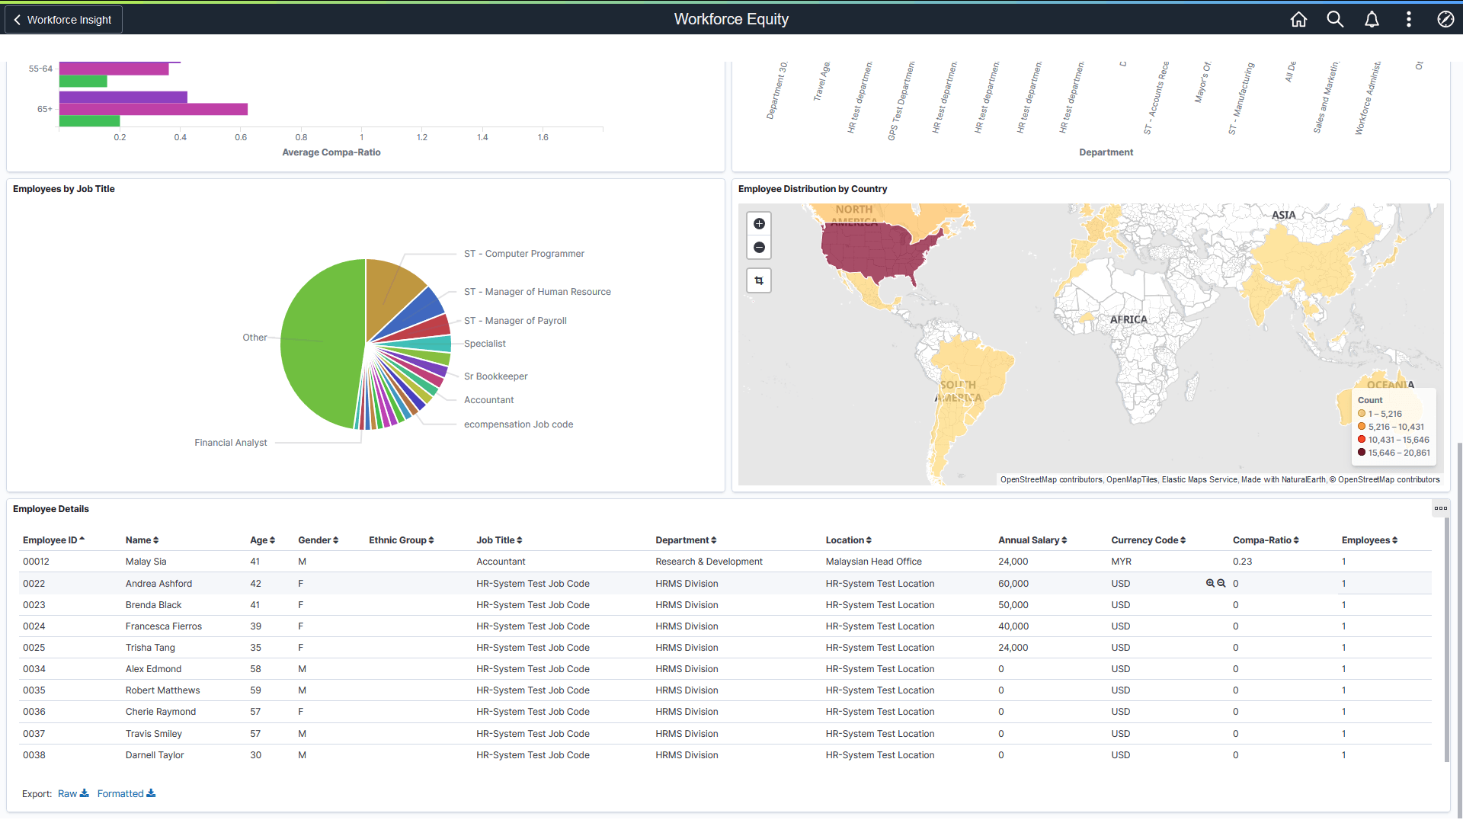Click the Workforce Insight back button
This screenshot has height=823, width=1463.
click(64, 20)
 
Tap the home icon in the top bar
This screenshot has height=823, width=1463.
click(1298, 20)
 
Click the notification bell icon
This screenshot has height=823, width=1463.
click(1372, 20)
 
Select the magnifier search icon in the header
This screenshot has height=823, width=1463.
click(1335, 20)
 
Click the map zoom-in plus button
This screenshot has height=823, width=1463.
click(759, 224)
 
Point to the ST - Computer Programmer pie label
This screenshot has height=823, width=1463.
click(523, 254)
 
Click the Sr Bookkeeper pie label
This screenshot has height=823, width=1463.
click(495, 376)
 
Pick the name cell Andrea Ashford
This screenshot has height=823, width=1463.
click(158, 584)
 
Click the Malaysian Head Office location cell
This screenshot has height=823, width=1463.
click(873, 562)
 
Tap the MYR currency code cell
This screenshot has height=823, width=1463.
click(1121, 562)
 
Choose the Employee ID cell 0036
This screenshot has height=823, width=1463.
click(34, 712)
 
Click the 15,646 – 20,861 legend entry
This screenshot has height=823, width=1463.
click(1398, 453)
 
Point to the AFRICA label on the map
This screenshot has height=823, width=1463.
click(1128, 320)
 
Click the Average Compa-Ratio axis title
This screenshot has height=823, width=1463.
click(331, 152)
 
